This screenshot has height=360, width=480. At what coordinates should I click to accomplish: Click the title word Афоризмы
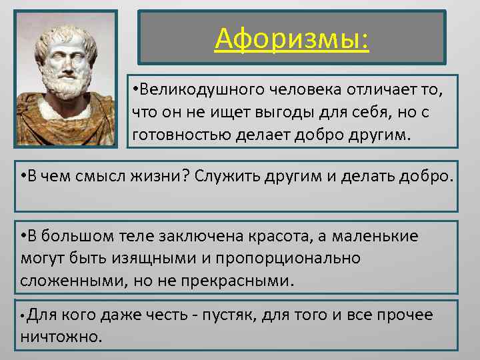[291, 39]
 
